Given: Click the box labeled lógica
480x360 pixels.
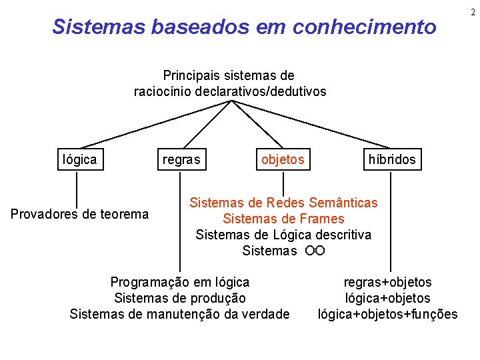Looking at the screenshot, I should tap(80, 159).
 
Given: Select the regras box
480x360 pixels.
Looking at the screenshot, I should tap(181, 159).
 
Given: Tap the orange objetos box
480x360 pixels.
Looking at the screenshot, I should tap(283, 159).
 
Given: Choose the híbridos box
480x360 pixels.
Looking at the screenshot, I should tap(391, 159).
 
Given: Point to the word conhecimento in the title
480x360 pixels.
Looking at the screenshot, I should tap(365, 27).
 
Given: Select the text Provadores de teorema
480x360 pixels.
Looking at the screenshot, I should tap(80, 214).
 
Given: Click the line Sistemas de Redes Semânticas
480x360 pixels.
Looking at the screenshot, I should tap(283, 202).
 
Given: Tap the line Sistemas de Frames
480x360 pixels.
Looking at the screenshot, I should tap(283, 219).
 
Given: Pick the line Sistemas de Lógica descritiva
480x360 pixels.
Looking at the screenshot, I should tap(283, 235).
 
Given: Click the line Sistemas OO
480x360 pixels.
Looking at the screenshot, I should tap(283, 251).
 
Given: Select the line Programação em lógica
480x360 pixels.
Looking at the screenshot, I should tap(180, 282).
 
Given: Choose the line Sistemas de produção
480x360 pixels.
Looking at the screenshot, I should tap(180, 298).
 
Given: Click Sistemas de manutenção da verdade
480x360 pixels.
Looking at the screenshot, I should tap(180, 314).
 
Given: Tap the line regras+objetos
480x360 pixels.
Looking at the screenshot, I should tap(387, 282).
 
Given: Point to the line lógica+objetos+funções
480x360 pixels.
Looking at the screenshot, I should tap(387, 314).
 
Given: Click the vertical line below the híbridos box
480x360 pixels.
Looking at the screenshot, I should tap(391, 220).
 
